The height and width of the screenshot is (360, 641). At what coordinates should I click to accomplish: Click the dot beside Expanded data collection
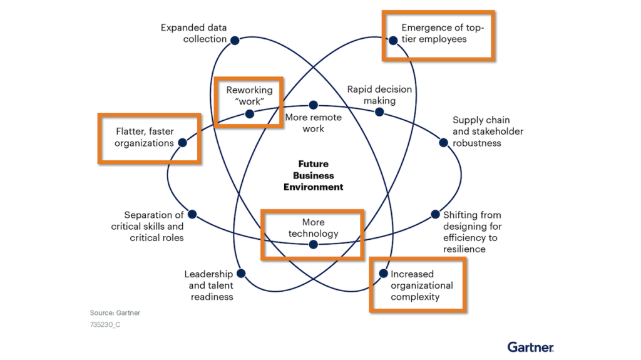235,40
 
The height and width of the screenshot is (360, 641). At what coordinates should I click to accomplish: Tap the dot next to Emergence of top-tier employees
393,41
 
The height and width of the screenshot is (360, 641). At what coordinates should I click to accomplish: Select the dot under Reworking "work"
250,114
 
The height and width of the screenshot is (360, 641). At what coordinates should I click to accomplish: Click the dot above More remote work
314,105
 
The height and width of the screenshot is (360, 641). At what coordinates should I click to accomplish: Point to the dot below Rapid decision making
379,113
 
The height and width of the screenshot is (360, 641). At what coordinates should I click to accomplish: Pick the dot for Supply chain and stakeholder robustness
444,143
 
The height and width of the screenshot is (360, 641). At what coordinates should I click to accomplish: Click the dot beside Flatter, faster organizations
183,143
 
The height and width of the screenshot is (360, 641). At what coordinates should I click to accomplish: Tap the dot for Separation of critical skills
192,214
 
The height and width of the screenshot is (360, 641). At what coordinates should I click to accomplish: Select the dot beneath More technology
314,245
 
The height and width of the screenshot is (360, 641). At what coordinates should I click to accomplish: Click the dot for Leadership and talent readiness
241,274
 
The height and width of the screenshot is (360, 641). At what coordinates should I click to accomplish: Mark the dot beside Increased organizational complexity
383,274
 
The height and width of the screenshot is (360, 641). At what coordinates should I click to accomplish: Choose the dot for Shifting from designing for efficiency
436,215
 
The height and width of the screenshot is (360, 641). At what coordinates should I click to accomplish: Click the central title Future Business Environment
313,175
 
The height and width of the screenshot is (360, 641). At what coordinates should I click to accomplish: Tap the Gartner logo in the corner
530,347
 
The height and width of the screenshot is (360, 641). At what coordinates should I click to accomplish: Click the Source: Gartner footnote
115,312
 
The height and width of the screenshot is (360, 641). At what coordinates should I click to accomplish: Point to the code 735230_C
105,324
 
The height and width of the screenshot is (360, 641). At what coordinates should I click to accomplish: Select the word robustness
477,143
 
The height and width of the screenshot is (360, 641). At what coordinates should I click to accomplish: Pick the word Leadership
208,274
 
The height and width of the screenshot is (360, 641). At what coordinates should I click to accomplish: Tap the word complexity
415,297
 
